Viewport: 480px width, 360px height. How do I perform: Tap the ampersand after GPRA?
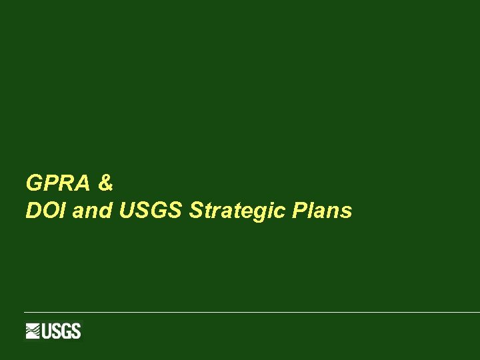tap(105, 181)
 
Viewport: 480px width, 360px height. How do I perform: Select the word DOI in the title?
tap(45, 211)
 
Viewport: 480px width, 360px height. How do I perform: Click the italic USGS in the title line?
tap(151, 211)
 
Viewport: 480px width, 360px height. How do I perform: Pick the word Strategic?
tap(237, 211)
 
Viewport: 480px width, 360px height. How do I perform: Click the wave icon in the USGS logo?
tap(33, 331)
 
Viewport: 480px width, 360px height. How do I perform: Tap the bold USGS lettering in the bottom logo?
tap(61, 331)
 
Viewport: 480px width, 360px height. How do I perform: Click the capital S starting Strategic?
tap(196, 211)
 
